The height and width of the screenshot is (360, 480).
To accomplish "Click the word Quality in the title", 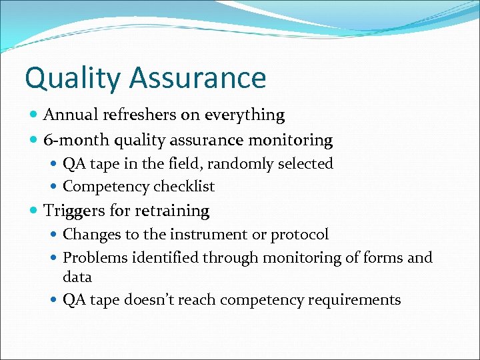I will point(73,78).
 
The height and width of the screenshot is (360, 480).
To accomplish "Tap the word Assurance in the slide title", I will point(198,78).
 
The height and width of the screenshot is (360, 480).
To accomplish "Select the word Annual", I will point(67,115).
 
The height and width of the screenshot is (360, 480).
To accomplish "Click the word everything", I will point(245,115).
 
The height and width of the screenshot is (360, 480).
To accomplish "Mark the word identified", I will point(163,257).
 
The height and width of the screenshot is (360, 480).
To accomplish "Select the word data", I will point(77,277).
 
